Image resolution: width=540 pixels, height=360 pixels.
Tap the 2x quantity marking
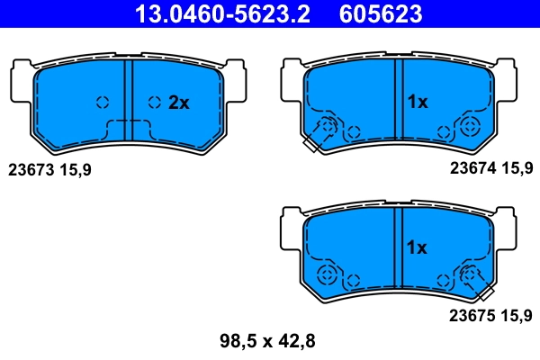[x=179, y=103]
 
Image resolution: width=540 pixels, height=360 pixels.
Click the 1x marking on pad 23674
[x=416, y=103]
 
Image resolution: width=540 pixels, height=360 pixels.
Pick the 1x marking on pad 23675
[x=416, y=247]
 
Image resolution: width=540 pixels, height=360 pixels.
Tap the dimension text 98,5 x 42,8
[x=267, y=341]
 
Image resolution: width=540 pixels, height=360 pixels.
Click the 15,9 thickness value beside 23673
[x=76, y=169]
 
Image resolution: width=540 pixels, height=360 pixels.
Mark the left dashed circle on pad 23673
[x=102, y=102]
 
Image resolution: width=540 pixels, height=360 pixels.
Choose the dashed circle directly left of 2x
[x=155, y=102]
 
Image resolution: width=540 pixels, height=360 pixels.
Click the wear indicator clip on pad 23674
[x=317, y=138]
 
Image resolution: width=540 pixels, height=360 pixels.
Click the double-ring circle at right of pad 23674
[x=468, y=127]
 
